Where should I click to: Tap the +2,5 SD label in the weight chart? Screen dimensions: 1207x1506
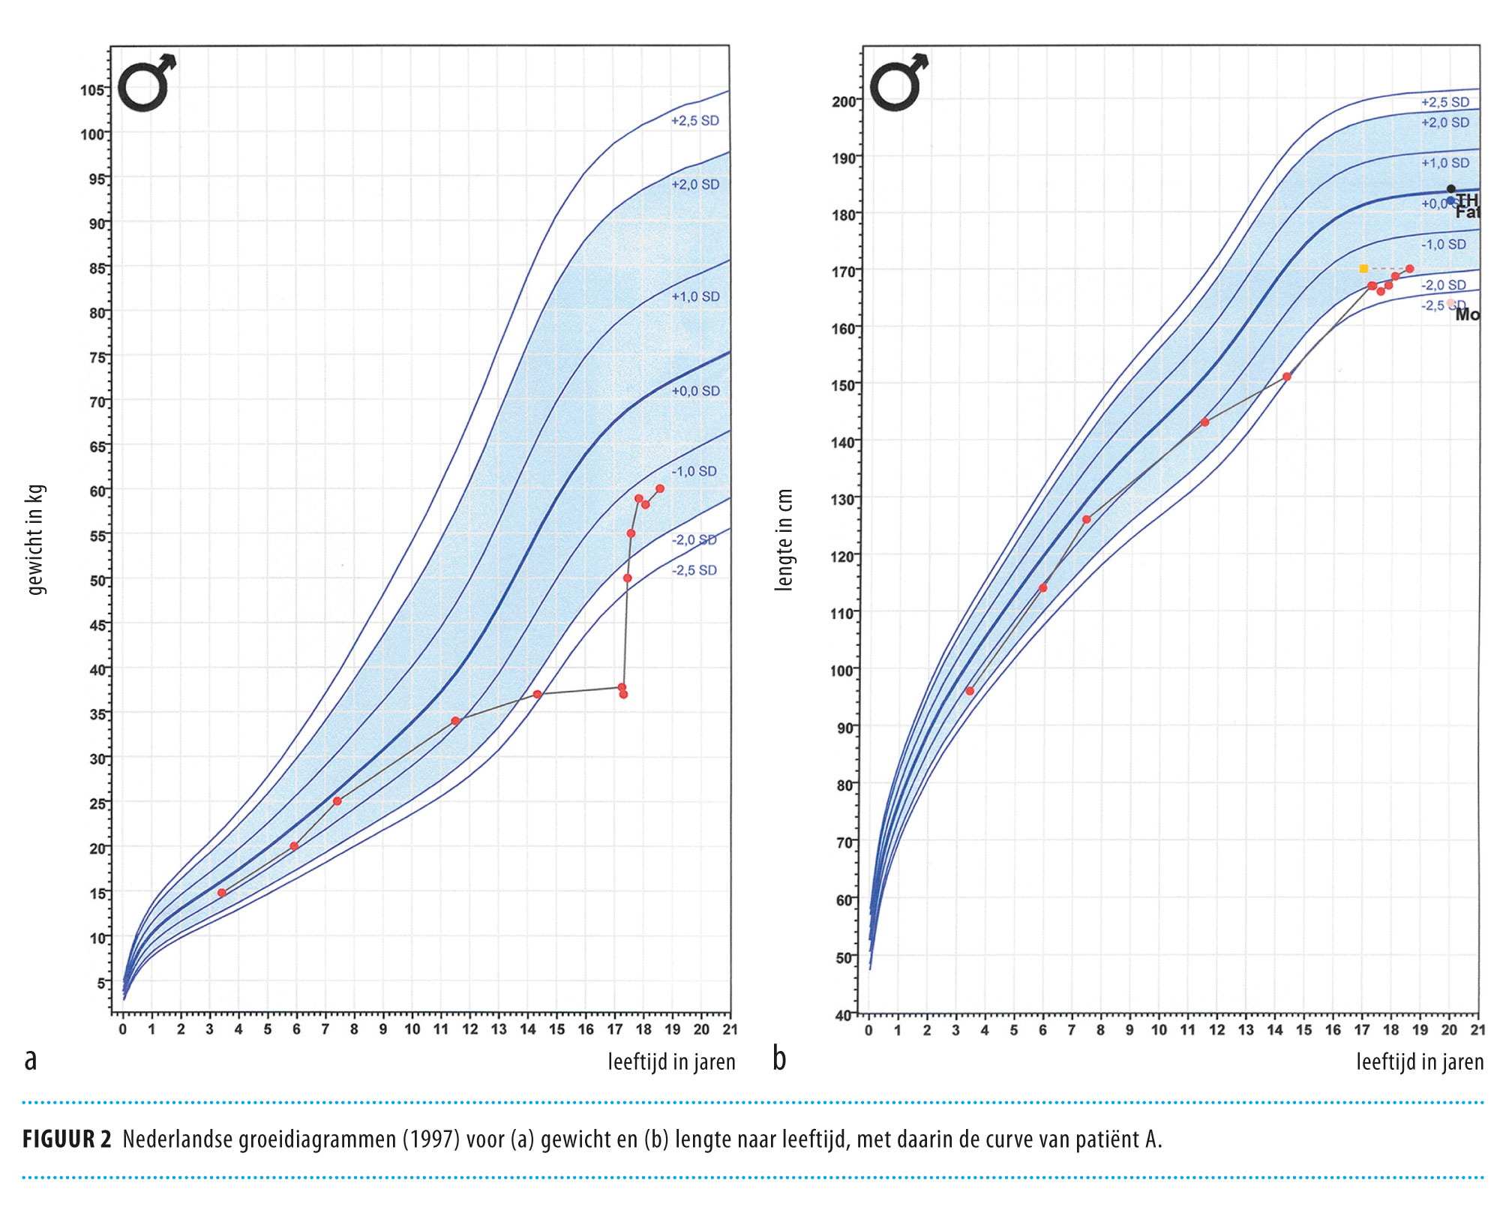click(x=694, y=121)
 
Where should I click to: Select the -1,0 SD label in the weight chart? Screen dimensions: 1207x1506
click(x=694, y=471)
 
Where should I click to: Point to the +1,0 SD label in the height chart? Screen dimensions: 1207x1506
click(x=1445, y=163)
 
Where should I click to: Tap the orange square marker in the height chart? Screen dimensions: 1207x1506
click(x=1363, y=269)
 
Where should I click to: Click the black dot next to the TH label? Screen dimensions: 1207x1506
click(x=1451, y=189)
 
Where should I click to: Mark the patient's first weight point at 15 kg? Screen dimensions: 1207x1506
click(x=222, y=893)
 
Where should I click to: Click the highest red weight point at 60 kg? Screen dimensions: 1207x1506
click(x=660, y=488)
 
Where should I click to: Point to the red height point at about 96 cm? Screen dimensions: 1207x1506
click(x=970, y=691)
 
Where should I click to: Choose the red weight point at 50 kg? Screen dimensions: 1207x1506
click(x=628, y=578)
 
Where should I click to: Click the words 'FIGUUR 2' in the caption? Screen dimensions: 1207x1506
click(x=67, y=1139)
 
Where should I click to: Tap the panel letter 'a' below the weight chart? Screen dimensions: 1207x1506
click(x=31, y=1059)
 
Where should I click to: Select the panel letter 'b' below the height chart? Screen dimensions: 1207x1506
click(x=780, y=1058)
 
